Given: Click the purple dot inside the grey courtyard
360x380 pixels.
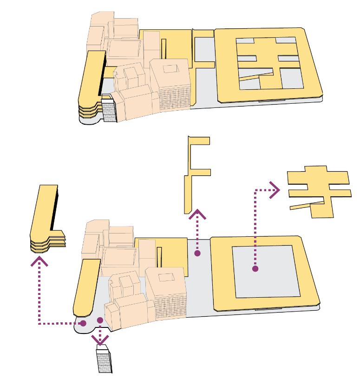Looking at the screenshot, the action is pos(255,268).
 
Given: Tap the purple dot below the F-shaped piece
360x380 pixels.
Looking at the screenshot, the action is pos(197,253).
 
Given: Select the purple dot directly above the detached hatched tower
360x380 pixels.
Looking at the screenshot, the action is pos(100,320).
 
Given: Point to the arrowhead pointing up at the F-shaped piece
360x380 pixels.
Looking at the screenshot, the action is pos(197,215).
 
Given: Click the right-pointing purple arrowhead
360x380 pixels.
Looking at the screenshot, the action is pos(275,190).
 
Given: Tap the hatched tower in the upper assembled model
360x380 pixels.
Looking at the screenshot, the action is pos(109,111).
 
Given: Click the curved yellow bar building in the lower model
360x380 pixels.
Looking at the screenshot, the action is pos(86,288).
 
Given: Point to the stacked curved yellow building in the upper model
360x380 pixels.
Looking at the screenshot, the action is pos(90,84).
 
